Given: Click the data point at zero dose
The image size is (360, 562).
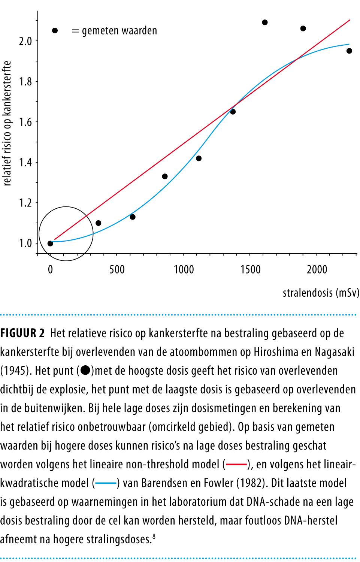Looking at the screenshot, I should tap(50, 244).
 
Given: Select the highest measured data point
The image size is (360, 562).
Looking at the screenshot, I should tap(265, 22).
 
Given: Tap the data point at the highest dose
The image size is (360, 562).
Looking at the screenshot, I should tap(349, 51).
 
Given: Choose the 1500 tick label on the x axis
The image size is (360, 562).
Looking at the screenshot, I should tap(251, 270).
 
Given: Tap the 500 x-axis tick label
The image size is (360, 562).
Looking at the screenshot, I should tap(117, 270).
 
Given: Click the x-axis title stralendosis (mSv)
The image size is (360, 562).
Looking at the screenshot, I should tap(321, 293).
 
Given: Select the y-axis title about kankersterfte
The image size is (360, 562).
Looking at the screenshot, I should tap(7, 124).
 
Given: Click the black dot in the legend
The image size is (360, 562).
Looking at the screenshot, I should tap(55, 31).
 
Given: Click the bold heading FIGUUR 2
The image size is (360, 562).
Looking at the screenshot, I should tap(23, 333).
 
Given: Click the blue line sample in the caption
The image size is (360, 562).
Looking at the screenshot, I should tap(106, 484).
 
